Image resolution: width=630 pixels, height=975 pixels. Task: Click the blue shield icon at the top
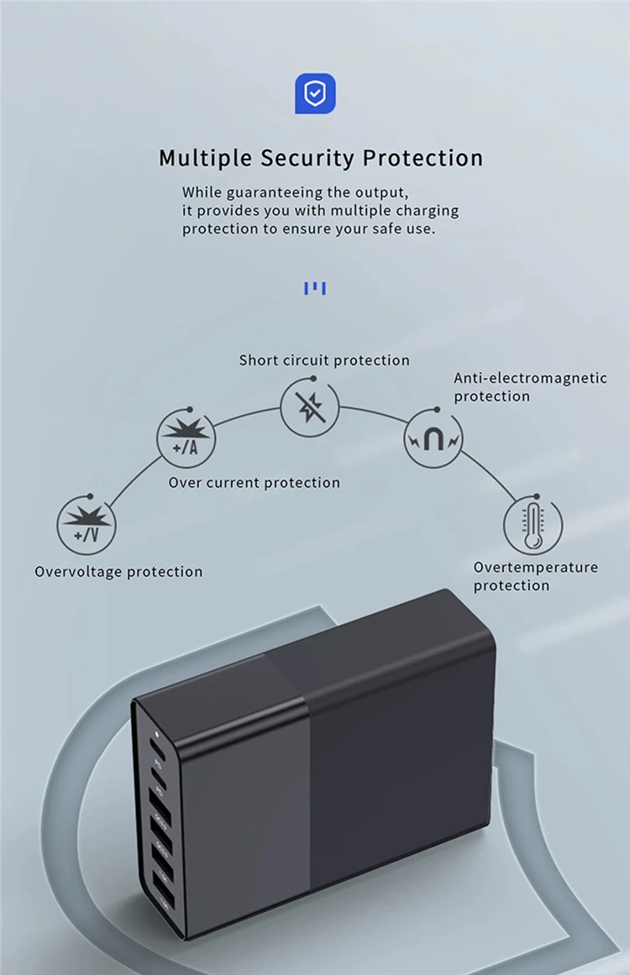coord(315,93)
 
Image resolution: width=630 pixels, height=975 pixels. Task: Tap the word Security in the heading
coord(307,158)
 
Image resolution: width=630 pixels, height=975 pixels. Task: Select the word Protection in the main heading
coord(423,158)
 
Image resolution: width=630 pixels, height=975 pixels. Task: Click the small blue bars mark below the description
coord(315,289)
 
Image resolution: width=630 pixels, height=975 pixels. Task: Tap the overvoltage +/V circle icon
coord(87,526)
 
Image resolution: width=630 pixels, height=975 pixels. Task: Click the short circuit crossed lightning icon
coord(310,408)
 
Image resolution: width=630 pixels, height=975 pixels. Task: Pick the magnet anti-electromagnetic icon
coord(433,438)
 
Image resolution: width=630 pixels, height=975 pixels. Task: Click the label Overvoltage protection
coord(118,572)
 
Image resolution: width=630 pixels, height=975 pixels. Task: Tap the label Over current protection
coord(254,483)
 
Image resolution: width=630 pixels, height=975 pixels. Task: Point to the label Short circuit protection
coord(324,360)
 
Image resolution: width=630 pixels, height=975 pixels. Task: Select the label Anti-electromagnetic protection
coord(530,387)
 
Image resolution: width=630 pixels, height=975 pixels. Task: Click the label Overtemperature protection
coord(535,576)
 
